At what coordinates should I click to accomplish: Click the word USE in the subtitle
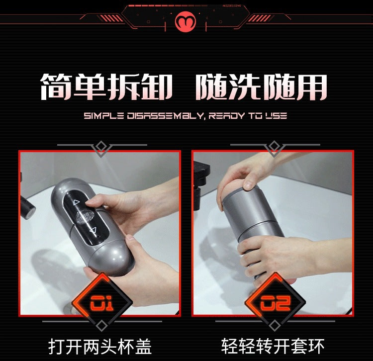click(276, 116)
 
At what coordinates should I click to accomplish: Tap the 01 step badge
click(102, 302)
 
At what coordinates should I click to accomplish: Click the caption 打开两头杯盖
click(100, 346)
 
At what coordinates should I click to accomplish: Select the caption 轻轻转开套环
click(273, 346)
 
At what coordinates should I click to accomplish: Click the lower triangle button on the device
click(92, 230)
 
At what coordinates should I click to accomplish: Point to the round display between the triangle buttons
click(85, 216)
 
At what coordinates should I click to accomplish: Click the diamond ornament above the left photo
click(101, 146)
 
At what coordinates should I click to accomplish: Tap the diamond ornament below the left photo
click(101, 326)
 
